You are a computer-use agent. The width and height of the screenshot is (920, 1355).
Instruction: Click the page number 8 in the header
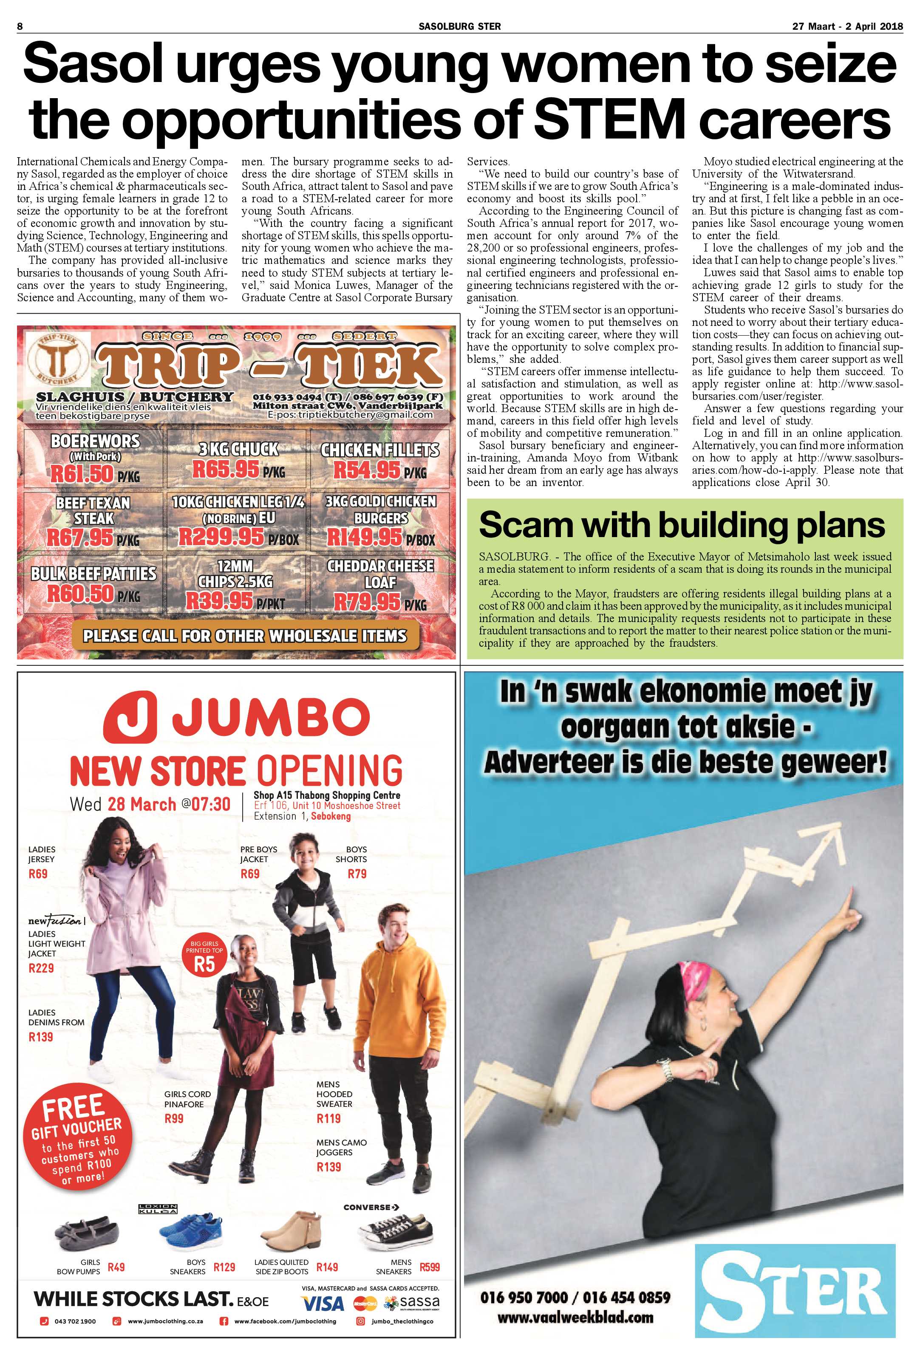20,26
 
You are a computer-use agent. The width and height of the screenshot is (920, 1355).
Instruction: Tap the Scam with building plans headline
682,525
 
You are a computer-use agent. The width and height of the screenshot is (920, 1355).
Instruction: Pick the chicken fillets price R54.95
367,470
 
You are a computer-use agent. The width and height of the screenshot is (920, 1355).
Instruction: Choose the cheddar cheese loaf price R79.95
367,601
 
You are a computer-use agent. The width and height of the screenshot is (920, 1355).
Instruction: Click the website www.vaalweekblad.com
574,1317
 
